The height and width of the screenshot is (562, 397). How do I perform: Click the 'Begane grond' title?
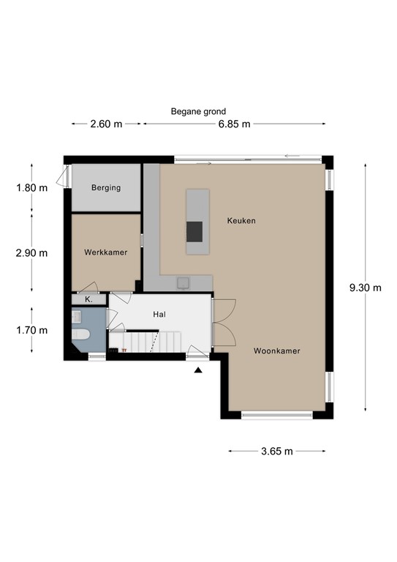point(198,111)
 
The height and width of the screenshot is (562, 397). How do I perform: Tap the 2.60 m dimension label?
point(106,124)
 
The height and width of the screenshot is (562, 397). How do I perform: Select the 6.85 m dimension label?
point(235,124)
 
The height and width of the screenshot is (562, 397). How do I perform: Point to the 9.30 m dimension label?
point(366,288)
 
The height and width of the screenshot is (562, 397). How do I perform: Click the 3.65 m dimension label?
point(277,452)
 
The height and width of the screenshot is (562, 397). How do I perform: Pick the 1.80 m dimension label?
point(32,188)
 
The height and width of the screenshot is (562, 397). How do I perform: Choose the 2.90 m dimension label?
point(32,253)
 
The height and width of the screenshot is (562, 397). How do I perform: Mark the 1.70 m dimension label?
point(32,330)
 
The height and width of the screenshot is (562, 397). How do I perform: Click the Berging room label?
point(106,188)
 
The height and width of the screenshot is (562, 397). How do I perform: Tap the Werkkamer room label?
point(105,252)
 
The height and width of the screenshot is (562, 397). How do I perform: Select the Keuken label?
point(242,221)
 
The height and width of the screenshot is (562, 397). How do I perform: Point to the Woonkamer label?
point(277,351)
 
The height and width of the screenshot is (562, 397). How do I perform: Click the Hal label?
point(159,315)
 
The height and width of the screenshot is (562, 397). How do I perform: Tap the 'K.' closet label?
point(88,299)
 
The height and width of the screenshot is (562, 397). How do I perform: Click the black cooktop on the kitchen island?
point(194,231)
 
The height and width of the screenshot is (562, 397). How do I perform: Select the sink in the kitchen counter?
point(183,283)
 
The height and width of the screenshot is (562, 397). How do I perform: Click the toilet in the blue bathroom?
point(80,334)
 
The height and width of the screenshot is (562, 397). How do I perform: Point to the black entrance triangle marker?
point(198,370)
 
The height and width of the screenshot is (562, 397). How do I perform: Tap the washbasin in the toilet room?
point(77,316)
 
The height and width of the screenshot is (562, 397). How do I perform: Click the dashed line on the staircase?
point(155,342)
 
